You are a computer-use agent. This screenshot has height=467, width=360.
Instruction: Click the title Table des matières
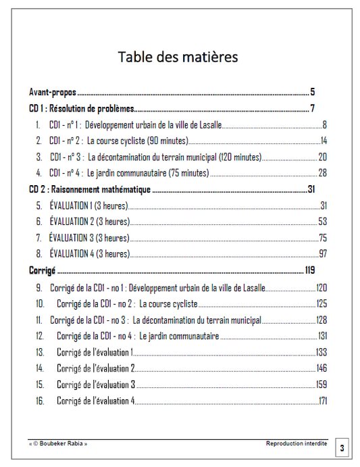point(178,57)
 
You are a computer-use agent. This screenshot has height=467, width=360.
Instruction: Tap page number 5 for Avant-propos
point(313,92)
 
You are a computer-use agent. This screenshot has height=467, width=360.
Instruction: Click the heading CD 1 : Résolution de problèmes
point(82,108)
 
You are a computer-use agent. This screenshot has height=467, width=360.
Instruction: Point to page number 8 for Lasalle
point(324,124)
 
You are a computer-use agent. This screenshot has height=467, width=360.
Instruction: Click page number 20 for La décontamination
point(323,157)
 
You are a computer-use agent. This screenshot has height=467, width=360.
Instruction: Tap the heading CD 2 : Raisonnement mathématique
point(90,189)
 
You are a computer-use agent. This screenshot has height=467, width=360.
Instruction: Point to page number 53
point(323,222)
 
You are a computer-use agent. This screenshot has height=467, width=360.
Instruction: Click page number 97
point(323,254)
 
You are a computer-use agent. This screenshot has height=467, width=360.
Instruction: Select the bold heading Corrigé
point(41,270)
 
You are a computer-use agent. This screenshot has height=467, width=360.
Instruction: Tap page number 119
point(310,270)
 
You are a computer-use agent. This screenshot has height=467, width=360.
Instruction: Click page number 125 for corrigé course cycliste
point(322,303)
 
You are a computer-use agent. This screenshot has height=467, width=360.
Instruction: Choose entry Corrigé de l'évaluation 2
point(96,368)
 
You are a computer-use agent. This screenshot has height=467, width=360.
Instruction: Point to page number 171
point(322,401)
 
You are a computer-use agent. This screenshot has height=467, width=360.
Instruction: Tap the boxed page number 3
point(342,447)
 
